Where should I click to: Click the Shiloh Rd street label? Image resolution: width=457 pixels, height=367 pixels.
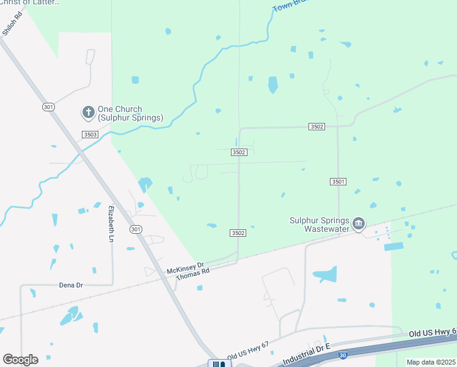pos(12,26)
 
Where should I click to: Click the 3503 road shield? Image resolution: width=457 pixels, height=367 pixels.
pos(90,134)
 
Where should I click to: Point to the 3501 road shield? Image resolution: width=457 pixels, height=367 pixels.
pos(338,182)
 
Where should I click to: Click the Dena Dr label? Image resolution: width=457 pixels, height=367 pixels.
pos(71,285)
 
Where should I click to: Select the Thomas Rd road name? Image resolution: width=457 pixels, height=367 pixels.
pos(192,275)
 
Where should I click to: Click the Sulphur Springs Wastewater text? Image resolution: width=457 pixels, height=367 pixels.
pos(320,224)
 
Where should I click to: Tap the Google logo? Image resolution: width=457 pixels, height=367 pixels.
pos(20,360)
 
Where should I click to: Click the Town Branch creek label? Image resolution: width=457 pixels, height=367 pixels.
pos(285,6)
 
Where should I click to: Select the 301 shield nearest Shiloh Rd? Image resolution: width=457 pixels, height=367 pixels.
pos(48,107)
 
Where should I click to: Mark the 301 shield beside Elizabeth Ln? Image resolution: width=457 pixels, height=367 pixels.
pos(136,229)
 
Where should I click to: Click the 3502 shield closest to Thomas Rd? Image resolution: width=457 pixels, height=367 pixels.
pos(238,233)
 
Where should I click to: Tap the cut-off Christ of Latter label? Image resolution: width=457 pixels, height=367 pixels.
pos(30,2)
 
